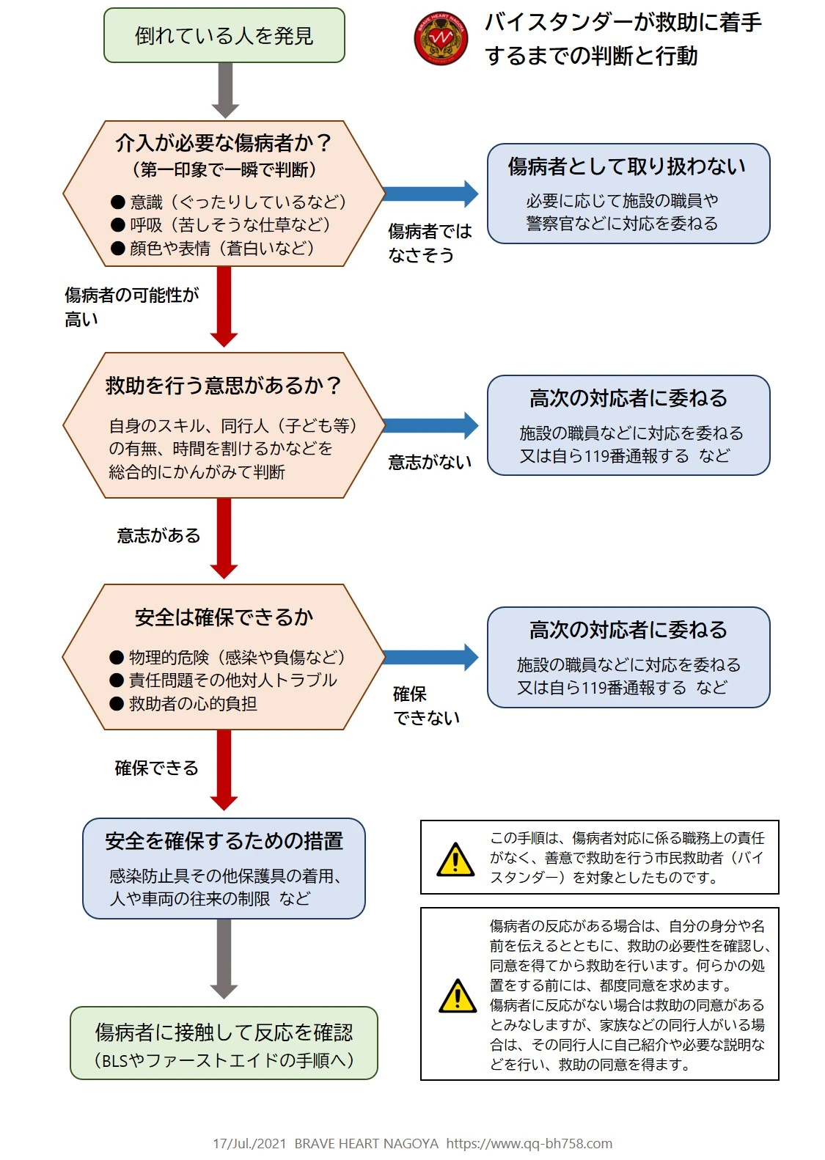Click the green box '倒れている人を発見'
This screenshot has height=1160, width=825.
pos(224,35)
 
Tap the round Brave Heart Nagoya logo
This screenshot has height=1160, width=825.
pos(441,39)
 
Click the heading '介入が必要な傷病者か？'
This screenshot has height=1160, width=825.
pos(224,142)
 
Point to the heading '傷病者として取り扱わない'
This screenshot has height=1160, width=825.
pos(628,166)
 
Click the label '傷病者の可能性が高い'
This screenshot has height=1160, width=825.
pos(131,306)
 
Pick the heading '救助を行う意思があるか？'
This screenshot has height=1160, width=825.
pos(224,386)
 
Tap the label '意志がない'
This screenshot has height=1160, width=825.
pos(430,463)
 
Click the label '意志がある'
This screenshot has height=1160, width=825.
pos(158,536)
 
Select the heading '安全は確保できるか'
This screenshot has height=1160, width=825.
pos(224,617)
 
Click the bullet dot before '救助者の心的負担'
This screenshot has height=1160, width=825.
pos(117,704)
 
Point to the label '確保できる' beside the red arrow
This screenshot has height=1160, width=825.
pos(156,768)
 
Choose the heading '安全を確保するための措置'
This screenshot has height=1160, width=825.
pos(224,841)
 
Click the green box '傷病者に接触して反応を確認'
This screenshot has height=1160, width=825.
pos(224,1042)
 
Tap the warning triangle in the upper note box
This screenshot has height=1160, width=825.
pos(455,859)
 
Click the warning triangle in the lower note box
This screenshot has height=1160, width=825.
pos(458,996)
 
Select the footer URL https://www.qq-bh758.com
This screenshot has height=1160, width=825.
pos(529,1143)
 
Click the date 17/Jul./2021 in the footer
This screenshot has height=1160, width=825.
pos(249,1143)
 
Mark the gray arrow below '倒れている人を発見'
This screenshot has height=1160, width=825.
pos(225,89)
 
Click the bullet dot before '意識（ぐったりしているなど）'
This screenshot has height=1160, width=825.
pos(118,202)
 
